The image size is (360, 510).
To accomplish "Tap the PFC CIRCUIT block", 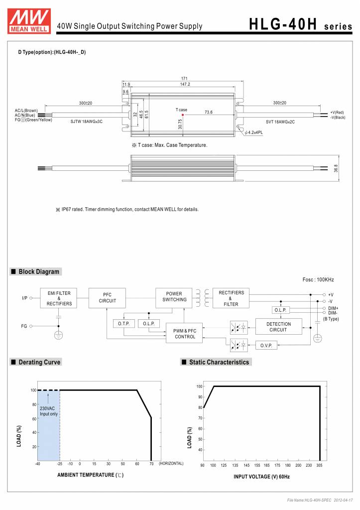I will click(107, 298).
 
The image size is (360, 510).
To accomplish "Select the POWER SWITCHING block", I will click(174, 297).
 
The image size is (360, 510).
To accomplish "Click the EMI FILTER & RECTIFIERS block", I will click(59, 298).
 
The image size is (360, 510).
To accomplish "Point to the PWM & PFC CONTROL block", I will click(185, 334).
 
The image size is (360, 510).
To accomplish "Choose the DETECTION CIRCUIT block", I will click(278, 327).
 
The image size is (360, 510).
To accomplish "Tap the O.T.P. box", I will click(123, 324).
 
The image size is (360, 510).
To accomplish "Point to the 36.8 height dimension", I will click(336, 168).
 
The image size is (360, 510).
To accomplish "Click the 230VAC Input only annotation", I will click(48, 411).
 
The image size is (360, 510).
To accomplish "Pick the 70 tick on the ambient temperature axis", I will click(151, 464).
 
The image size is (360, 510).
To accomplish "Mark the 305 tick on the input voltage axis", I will click(319, 465).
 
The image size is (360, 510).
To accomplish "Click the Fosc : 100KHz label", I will click(318, 280).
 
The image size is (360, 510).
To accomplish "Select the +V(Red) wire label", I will click(337, 113).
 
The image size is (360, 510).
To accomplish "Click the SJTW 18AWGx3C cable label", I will click(86, 121).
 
